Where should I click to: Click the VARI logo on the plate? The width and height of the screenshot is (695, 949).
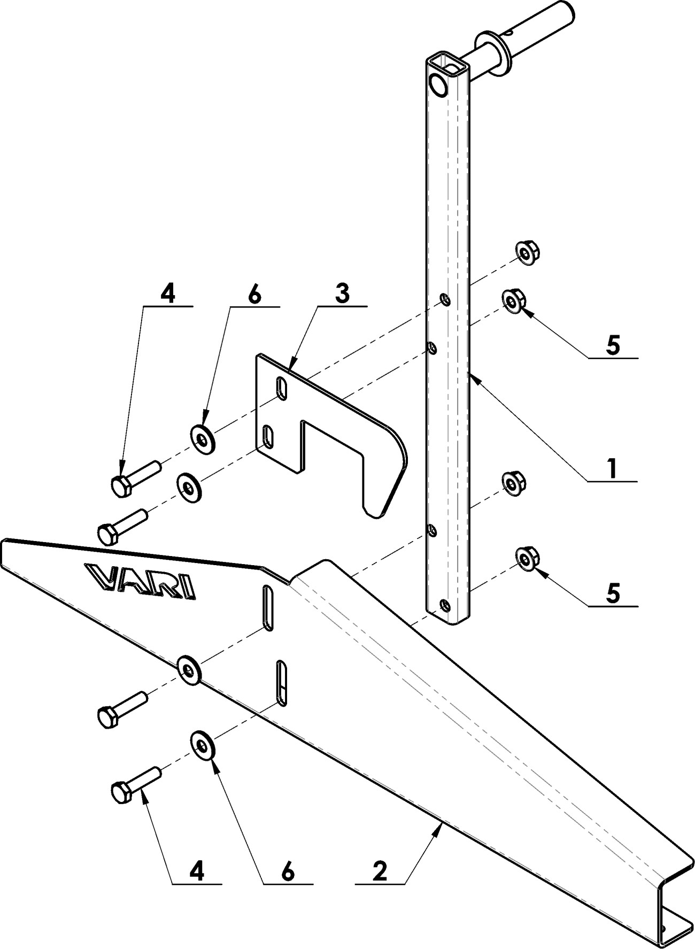[141, 580]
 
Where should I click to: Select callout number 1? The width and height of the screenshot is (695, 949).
[613, 468]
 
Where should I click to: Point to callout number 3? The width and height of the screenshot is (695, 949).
[342, 294]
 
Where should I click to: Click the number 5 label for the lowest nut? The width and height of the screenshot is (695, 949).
[613, 593]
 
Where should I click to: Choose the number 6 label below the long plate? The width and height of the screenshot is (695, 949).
[288, 872]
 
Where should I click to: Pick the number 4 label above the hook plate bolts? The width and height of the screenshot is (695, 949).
[168, 294]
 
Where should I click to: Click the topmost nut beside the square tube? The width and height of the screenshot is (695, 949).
[528, 253]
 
